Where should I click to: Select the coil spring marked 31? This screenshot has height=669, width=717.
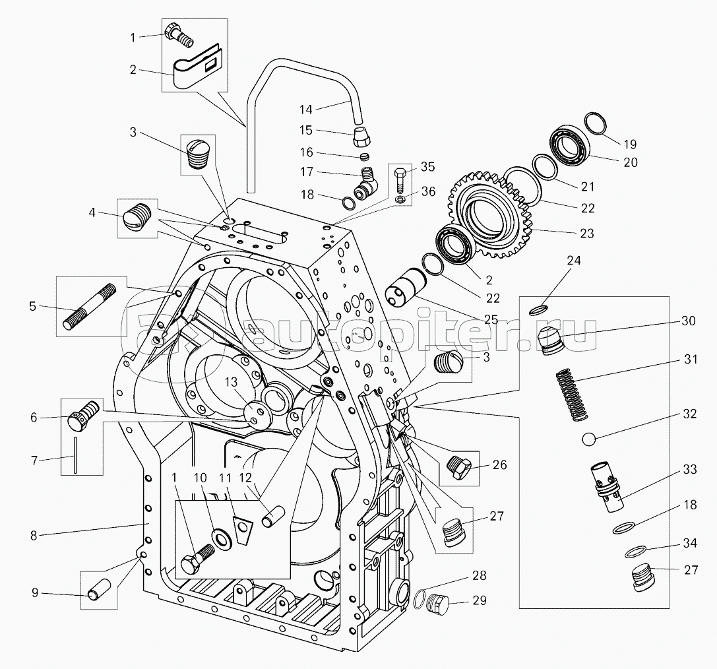click(x=572, y=395)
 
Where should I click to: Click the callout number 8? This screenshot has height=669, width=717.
click(x=34, y=535)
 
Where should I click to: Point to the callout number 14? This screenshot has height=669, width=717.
click(x=306, y=110)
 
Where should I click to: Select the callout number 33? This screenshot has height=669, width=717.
click(x=689, y=469)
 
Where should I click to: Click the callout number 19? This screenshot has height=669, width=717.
click(x=630, y=144)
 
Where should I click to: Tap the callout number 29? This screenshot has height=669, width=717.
click(x=480, y=600)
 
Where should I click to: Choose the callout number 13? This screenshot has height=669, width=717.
click(x=232, y=382)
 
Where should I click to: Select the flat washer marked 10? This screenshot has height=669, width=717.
click(x=222, y=538)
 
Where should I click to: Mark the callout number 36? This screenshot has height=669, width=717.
click(x=428, y=191)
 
